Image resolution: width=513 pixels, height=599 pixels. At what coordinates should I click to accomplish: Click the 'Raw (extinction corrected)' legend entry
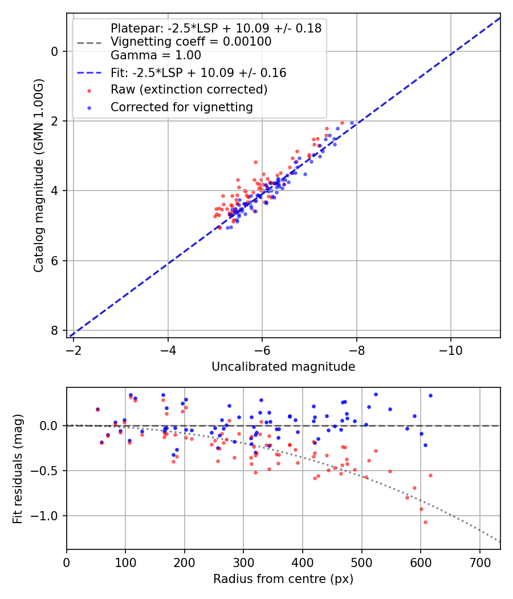tap(189, 90)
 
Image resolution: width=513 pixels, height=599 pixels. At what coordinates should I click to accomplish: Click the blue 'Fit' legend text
tap(198, 73)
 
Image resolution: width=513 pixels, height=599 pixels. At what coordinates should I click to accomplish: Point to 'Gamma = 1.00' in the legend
tap(156, 55)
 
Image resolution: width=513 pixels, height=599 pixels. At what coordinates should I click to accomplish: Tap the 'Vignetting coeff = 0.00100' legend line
tap(191, 42)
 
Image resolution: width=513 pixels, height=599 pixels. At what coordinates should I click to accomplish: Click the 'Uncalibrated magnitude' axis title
tap(283, 367)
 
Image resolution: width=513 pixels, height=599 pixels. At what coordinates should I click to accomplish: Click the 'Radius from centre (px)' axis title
tap(283, 579)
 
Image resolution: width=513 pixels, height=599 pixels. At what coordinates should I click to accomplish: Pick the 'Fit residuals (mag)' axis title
tap(18, 468)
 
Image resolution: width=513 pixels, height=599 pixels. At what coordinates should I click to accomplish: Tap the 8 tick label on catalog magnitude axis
tap(55, 331)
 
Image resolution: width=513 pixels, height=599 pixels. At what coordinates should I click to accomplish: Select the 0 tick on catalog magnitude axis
tap(55, 52)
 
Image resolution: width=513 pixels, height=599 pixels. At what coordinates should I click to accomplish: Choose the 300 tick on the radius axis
tap(243, 562)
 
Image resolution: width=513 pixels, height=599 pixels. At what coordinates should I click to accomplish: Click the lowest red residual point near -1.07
tap(425, 522)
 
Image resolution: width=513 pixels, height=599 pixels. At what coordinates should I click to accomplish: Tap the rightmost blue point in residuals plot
tap(430, 395)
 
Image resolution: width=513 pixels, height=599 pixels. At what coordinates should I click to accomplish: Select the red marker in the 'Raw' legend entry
tap(89, 90)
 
